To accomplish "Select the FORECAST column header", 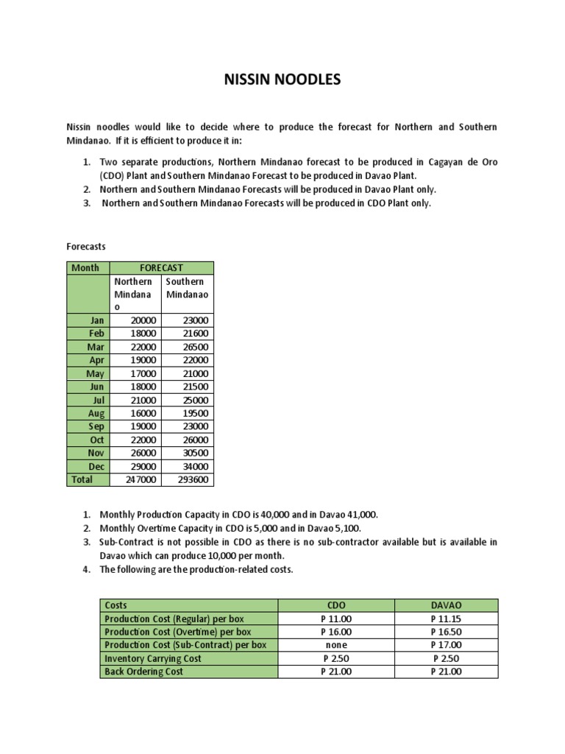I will [162, 268].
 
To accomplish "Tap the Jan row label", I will [97, 320].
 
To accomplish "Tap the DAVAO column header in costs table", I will [447, 605].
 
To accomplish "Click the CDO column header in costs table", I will [336, 605].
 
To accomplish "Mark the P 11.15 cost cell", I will [447, 619].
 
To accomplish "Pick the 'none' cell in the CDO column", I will [336, 645].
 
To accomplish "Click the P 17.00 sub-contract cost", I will [447, 645].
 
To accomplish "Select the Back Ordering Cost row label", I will [144, 672].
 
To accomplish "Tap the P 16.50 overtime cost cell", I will [447, 632].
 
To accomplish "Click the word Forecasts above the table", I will [87, 247].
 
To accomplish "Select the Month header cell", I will [85, 268].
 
